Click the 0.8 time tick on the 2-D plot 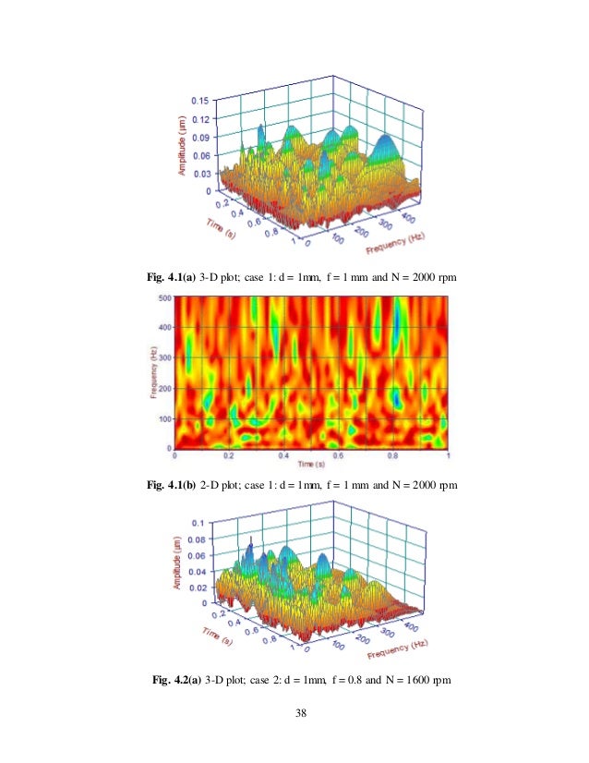(393, 455)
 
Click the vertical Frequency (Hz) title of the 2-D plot (152, 373)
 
